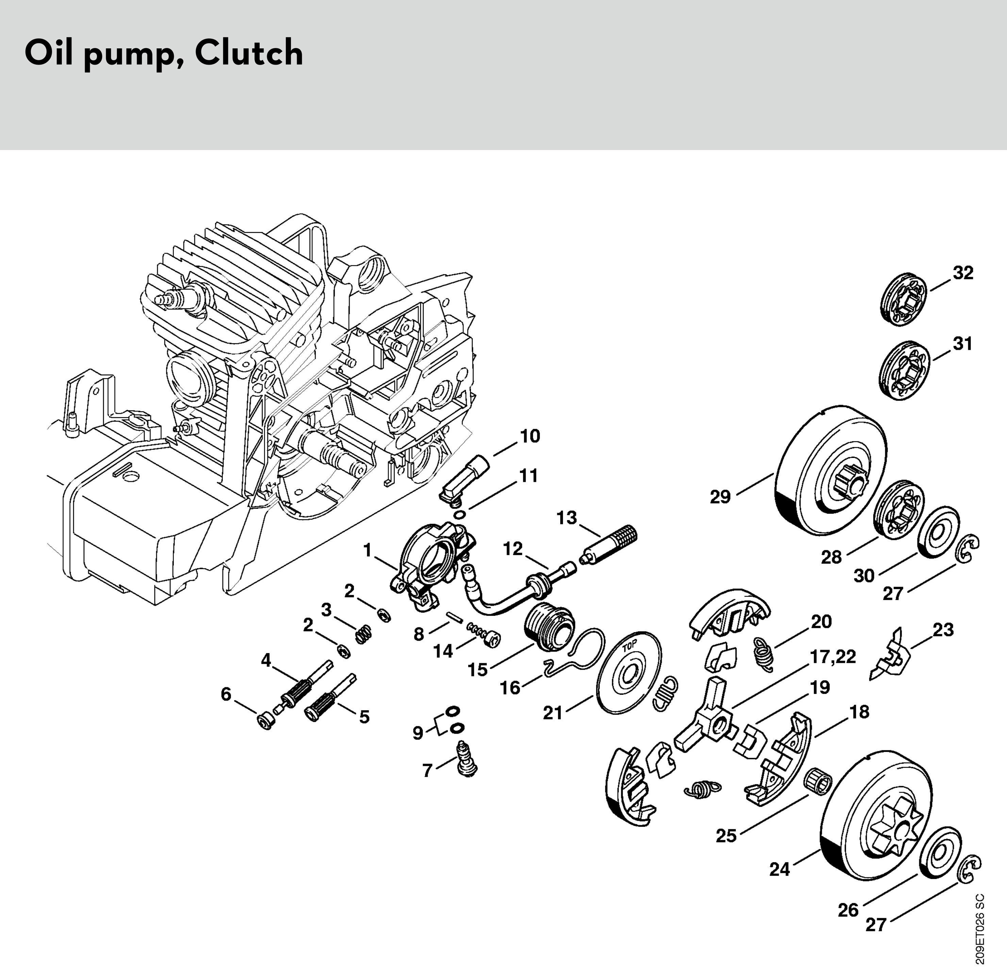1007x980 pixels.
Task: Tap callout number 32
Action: [963, 273]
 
